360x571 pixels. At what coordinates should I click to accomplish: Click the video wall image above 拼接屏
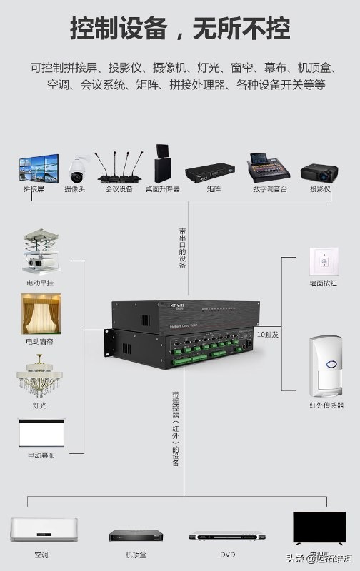(x=38, y=168)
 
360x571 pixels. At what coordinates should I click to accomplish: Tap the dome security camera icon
(x=76, y=169)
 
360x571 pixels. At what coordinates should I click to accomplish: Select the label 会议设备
(x=119, y=190)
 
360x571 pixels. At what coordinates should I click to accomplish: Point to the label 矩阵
(x=214, y=190)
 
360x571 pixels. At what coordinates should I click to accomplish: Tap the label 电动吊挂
(x=40, y=283)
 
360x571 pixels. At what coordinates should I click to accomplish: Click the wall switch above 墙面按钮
(x=323, y=261)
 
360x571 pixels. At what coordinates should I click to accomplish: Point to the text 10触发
(x=269, y=334)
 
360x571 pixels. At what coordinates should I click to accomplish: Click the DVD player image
(x=227, y=536)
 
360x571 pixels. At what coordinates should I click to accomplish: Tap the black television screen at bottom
(x=319, y=528)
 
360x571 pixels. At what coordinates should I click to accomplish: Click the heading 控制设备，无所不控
(x=180, y=30)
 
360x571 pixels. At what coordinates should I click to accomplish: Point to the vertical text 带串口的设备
(x=183, y=248)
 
